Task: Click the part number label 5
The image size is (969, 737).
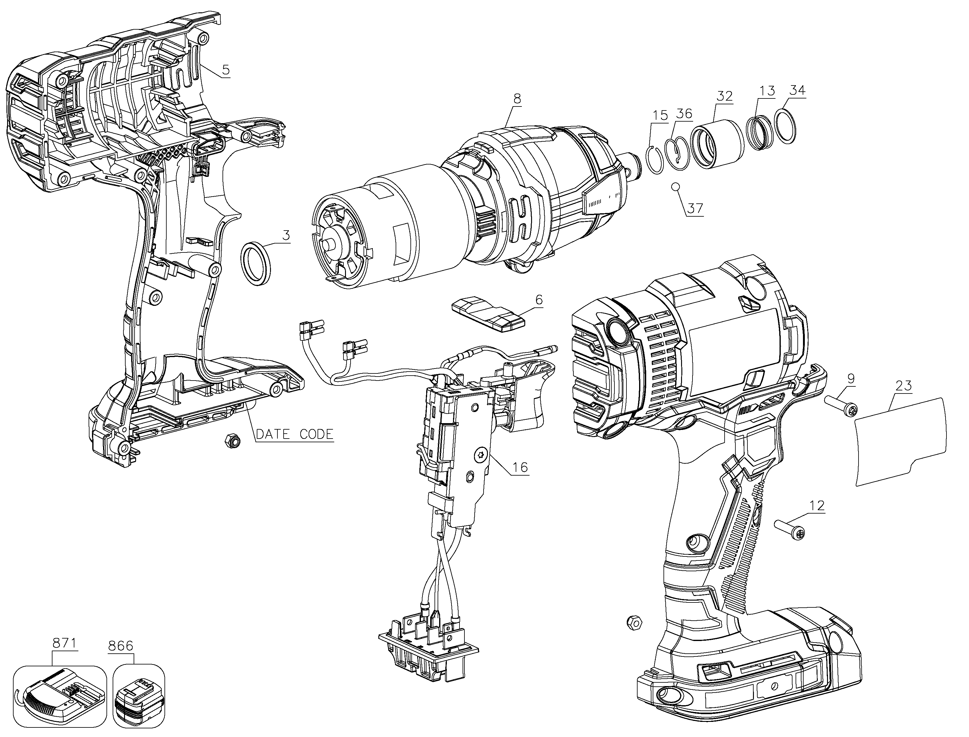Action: click(x=226, y=70)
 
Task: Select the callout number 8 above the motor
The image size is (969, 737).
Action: click(x=517, y=99)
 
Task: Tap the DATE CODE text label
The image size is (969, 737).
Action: click(x=294, y=434)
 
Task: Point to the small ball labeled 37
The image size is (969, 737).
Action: click(x=676, y=187)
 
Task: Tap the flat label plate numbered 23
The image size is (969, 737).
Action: click(x=900, y=441)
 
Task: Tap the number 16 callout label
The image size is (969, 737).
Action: click(x=520, y=468)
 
